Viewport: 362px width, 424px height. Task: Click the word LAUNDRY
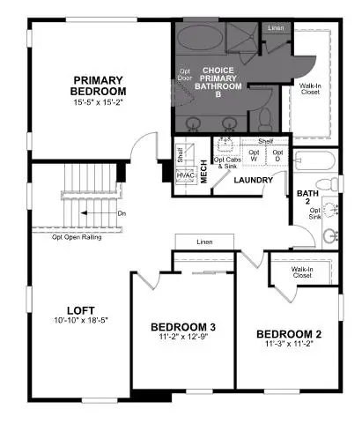(253, 181)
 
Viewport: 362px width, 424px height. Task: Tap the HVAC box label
(185, 175)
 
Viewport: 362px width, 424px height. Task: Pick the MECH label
(203, 170)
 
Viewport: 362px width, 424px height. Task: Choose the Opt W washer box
(255, 155)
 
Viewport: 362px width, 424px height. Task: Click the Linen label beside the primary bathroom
(276, 28)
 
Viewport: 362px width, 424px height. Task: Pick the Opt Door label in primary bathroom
(186, 74)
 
